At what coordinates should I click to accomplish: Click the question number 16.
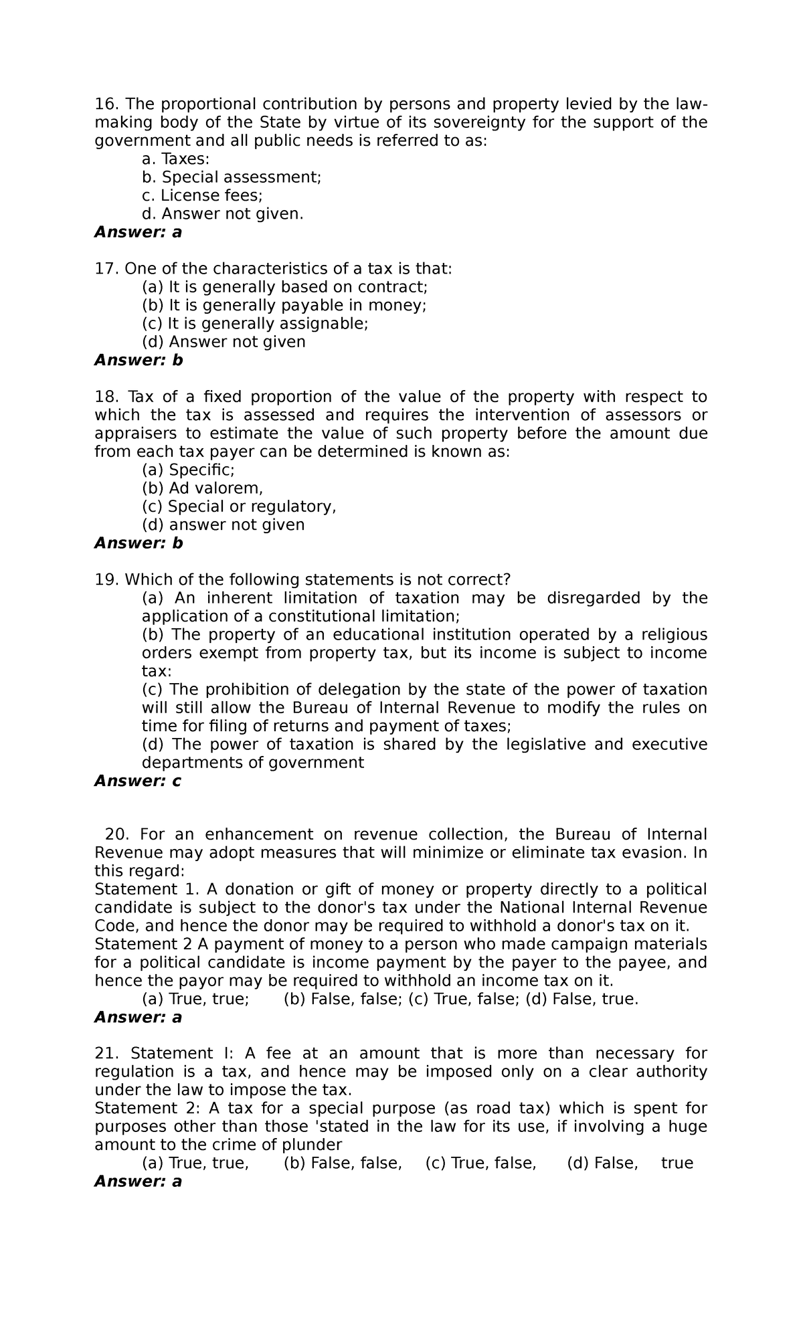(x=105, y=104)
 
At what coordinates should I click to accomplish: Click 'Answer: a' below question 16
(x=138, y=232)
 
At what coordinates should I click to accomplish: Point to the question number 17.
(x=105, y=269)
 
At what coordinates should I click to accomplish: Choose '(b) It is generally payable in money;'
(x=284, y=306)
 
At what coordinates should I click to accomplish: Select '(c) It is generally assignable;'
(x=255, y=324)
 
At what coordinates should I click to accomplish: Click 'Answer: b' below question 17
(x=138, y=361)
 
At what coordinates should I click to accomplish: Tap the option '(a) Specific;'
(x=188, y=470)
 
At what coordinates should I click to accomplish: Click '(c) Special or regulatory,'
(x=239, y=506)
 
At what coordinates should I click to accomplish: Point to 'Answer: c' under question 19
(x=138, y=781)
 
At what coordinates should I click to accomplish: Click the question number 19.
(x=105, y=579)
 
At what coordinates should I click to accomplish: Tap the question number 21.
(x=105, y=1054)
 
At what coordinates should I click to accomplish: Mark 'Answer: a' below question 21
(x=138, y=1182)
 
